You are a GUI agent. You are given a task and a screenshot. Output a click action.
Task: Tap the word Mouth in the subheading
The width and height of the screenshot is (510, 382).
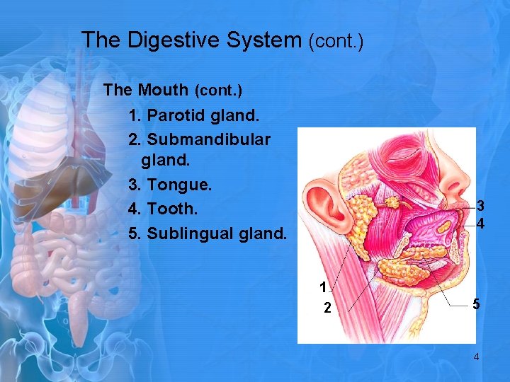pos(164,91)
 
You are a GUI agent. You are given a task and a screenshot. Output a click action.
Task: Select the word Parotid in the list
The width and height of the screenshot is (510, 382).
pos(177,115)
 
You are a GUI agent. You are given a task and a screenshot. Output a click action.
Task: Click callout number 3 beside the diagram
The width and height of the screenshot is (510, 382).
pos(480,207)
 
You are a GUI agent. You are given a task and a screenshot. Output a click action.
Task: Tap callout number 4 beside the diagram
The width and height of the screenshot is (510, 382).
pos(480,224)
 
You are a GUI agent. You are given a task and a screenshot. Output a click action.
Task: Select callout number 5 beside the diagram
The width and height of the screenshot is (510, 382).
pos(477,305)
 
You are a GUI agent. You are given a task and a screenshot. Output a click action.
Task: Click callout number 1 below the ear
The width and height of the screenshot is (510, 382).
pos(323,287)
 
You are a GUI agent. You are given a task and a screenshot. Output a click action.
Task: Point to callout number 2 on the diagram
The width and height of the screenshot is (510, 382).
pos(327,308)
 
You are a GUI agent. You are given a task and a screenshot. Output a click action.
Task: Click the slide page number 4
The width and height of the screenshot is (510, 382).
pos(476,357)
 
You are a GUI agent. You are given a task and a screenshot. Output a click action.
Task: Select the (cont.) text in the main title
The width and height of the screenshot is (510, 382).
pos(336,42)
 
